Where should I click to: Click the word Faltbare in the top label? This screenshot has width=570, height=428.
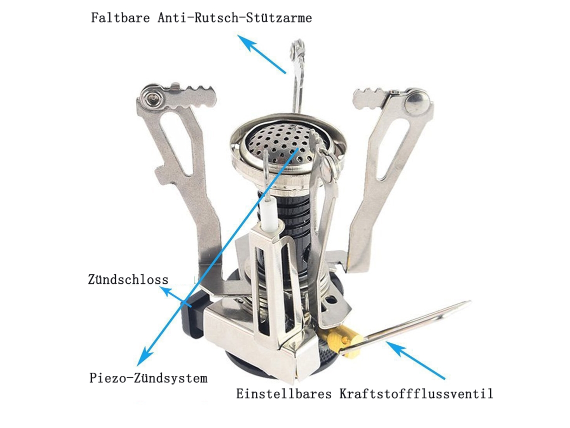point(120,18)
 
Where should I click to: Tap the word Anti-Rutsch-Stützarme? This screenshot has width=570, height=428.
point(235,18)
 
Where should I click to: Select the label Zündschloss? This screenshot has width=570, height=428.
point(128,279)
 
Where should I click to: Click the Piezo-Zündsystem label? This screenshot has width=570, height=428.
point(148,378)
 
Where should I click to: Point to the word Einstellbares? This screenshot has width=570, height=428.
point(284,393)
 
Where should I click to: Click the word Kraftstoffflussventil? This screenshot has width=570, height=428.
point(416,393)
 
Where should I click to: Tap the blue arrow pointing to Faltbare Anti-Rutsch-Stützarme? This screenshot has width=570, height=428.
point(261,54)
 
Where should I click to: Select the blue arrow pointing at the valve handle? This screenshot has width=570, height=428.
point(415,360)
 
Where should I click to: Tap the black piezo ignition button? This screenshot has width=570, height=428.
point(191,315)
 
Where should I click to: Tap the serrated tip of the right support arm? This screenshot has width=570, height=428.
point(371,98)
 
